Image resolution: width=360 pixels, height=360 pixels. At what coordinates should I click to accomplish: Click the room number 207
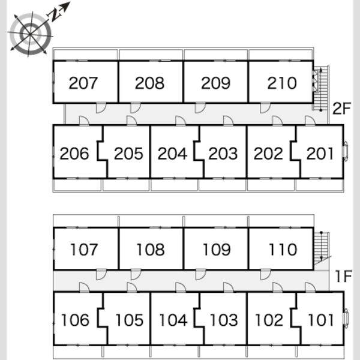pyautogui.click(x=83, y=83)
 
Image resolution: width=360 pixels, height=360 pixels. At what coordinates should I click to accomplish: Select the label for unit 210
pyautogui.click(x=282, y=83)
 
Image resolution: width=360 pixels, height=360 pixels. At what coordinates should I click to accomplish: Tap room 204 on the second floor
pyautogui.click(x=172, y=154)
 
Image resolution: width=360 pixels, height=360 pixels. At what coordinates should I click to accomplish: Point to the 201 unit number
pyautogui.click(x=320, y=154)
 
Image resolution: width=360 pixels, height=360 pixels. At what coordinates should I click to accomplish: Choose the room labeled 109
pyautogui.click(x=217, y=250)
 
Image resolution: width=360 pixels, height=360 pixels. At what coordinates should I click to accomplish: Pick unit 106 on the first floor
pyautogui.click(x=75, y=320)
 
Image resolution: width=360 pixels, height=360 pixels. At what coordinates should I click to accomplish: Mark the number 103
pyautogui.click(x=224, y=320)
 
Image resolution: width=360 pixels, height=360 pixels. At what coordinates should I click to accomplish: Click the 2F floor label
pyautogui.click(x=341, y=109)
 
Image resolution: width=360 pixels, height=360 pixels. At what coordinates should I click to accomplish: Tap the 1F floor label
pyautogui.click(x=343, y=276)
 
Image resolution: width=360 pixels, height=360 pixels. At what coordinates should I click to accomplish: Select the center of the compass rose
pyautogui.click(x=30, y=34)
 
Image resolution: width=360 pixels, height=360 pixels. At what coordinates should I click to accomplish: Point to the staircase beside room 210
pyautogui.click(x=321, y=88)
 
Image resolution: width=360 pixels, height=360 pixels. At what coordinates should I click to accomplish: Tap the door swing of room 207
pyautogui.click(x=101, y=108)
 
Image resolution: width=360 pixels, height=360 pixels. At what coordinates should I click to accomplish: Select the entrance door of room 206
pyautogui.click(x=84, y=121)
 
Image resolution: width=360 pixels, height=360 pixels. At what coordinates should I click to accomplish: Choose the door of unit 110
pyautogui.click(x=266, y=275)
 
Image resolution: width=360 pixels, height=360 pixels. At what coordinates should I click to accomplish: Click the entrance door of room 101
pyautogui.click(x=310, y=287)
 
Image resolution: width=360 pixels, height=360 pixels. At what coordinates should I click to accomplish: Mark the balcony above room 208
pyautogui.click(x=151, y=55)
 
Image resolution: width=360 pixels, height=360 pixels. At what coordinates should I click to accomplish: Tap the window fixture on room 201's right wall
pyautogui.click(x=346, y=150)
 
